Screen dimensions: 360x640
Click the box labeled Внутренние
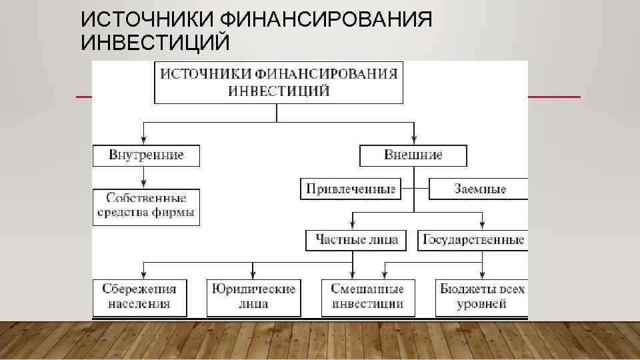tap(146, 155)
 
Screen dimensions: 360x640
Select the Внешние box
tap(413, 155)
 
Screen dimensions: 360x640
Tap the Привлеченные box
tap(350, 189)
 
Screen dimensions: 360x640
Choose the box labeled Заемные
tap(478, 189)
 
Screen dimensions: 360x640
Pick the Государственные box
tap(473, 240)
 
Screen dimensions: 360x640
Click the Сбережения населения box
tap(139, 297)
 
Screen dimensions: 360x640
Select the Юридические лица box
tap(253, 297)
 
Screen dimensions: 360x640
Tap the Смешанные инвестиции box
tap(367, 297)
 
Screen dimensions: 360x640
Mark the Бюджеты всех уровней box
tap(481, 297)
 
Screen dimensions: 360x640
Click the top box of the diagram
tap(279, 83)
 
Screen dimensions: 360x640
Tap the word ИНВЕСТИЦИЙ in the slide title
tap(155, 43)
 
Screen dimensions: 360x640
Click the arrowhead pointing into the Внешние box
tap(413, 140)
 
